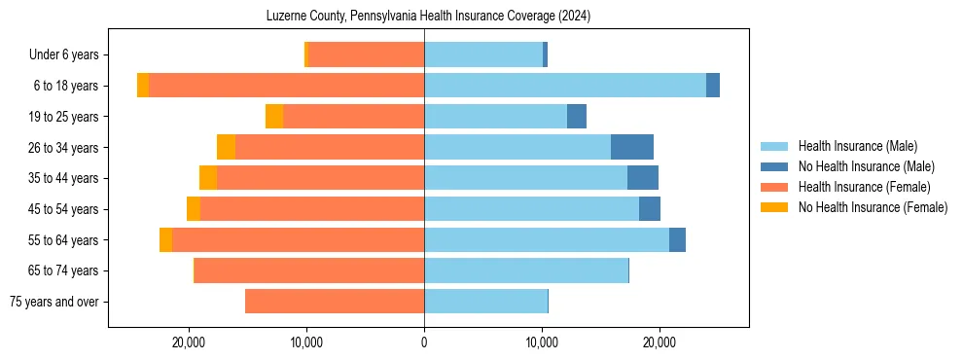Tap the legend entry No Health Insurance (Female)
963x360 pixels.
point(873,207)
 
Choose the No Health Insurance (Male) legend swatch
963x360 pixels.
point(774,166)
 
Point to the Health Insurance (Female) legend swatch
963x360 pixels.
point(774,187)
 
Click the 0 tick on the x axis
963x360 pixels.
point(424,342)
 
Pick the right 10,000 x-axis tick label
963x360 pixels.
point(542,342)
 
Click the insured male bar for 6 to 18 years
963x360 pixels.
point(565,86)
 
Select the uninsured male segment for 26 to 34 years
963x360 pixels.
point(632,147)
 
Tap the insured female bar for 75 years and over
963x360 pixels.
point(335,302)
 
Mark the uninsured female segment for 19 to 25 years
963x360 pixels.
point(274,117)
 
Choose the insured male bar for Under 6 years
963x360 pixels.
point(483,54)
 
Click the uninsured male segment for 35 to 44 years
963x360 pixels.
point(643,178)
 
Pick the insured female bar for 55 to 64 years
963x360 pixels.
point(298,240)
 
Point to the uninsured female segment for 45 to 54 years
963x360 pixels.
point(194,209)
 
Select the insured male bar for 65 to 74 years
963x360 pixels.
point(526,270)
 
